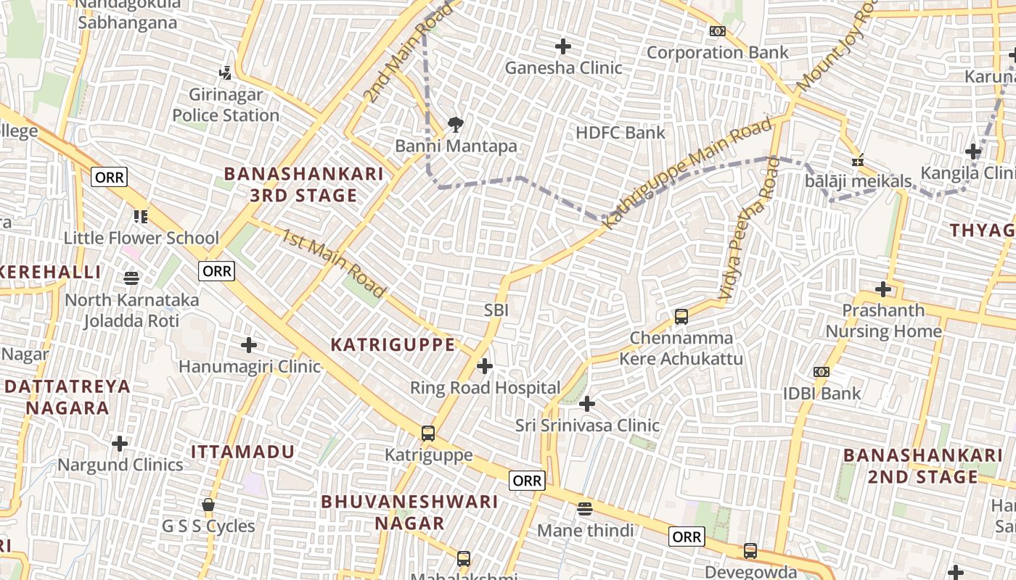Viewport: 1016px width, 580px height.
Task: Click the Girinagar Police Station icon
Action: (x=226, y=72)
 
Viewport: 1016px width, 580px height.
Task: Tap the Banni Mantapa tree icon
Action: (x=456, y=125)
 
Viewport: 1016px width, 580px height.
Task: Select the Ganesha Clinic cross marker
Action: (x=563, y=47)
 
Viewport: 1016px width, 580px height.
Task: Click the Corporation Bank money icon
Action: (x=717, y=31)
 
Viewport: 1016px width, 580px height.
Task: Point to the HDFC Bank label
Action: (x=620, y=133)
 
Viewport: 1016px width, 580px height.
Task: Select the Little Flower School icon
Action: (x=141, y=216)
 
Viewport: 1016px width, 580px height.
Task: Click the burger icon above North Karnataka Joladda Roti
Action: (x=131, y=278)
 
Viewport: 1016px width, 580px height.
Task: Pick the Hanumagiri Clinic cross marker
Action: (x=249, y=344)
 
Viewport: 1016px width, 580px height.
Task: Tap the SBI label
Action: (x=496, y=310)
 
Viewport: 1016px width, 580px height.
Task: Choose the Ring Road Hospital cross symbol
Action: (x=485, y=366)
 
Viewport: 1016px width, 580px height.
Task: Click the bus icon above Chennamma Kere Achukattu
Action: (x=681, y=316)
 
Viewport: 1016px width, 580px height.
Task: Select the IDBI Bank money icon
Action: (x=821, y=372)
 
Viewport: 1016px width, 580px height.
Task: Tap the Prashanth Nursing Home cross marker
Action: (x=882, y=289)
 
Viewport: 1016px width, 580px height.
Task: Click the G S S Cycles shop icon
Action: (x=208, y=505)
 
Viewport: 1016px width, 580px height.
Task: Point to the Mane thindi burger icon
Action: (x=585, y=509)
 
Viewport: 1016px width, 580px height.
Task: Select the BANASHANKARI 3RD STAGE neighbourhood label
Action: (x=303, y=184)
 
